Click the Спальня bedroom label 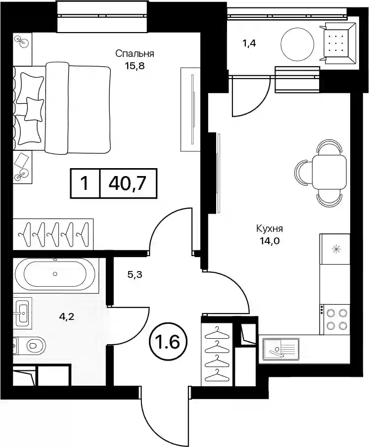click(x=135, y=53)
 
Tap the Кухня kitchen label click(x=270, y=228)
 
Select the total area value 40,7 click(x=128, y=183)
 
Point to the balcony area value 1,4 click(x=248, y=44)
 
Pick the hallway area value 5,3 click(x=135, y=275)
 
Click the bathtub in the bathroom click(x=55, y=273)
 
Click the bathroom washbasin click(x=23, y=313)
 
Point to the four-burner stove click(x=334, y=318)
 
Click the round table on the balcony click(x=298, y=44)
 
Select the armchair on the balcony click(x=338, y=44)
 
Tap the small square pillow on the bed click(x=34, y=109)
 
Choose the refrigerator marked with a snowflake click(x=335, y=249)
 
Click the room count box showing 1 click(x=85, y=183)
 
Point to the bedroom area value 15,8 click(x=135, y=66)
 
